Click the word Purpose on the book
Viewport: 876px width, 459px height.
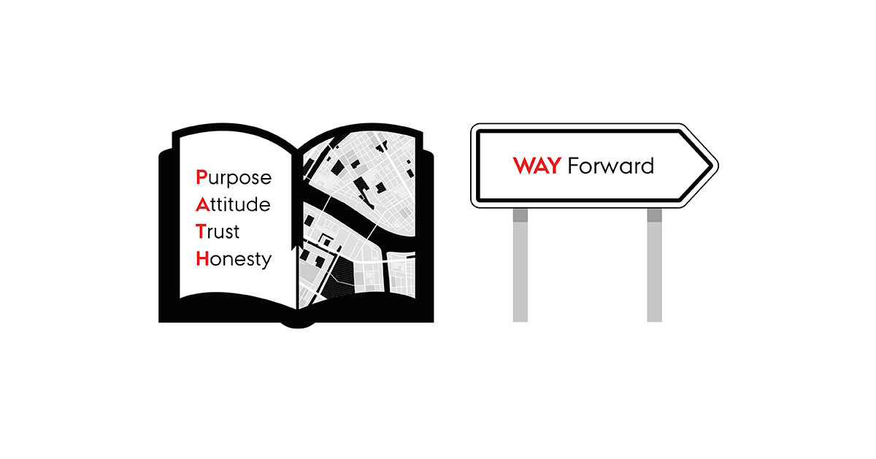[234, 177]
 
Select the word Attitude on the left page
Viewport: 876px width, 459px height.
[233, 204]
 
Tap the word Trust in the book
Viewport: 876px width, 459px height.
[218, 231]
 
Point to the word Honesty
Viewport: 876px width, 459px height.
[234, 260]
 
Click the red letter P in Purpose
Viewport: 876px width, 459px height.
[201, 177]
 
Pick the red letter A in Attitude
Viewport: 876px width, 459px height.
[203, 204]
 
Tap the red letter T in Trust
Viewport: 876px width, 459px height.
[201, 231]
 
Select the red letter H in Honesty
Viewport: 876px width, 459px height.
[202, 258]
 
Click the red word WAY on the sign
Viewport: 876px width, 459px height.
[537, 166]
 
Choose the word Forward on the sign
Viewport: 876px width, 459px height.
[610, 166]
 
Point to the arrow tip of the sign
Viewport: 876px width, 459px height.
[718, 166]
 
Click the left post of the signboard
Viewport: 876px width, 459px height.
[520, 265]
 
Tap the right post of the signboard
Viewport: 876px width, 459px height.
[654, 265]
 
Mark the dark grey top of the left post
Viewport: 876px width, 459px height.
[520, 215]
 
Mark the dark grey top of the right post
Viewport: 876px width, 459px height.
[654, 215]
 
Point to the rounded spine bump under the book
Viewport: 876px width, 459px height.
[298, 325]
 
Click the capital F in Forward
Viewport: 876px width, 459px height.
[572, 166]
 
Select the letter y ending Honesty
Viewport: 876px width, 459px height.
[266, 261]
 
